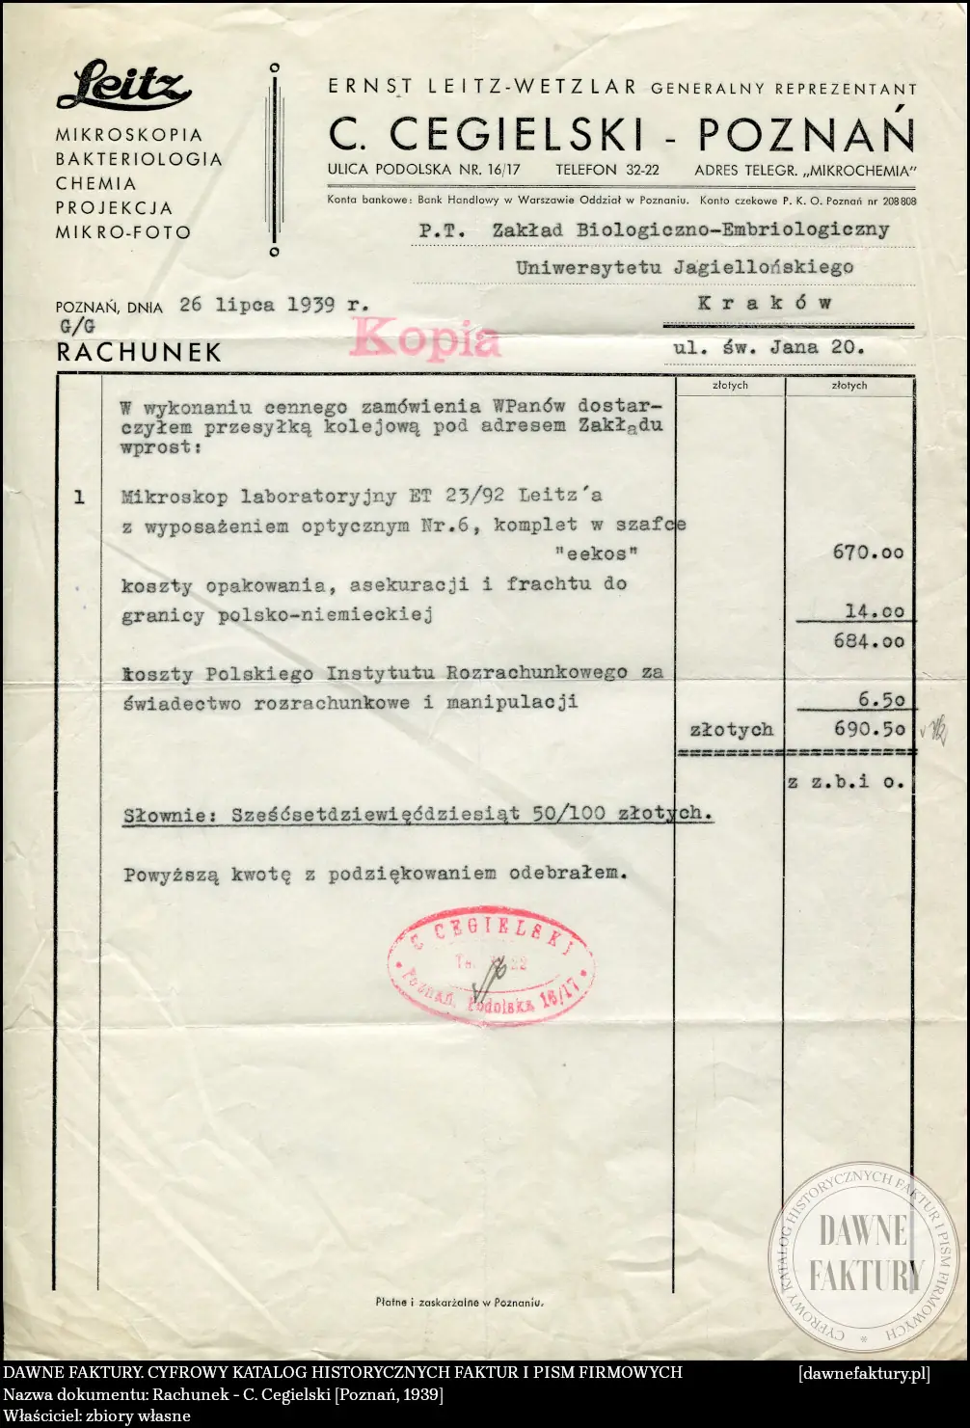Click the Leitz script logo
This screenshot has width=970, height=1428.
pos(123,87)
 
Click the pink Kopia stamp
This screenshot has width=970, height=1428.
pos(426,338)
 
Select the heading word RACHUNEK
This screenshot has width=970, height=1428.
pos(139,353)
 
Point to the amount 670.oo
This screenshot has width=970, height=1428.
pos(868,552)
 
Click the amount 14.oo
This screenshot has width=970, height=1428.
pos(875,611)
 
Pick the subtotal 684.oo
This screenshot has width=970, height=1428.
pos(869,641)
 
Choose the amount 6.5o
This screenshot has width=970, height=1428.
pos(881,700)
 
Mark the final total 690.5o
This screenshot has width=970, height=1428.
pos(869,730)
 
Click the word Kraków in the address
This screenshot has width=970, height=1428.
pos(765,303)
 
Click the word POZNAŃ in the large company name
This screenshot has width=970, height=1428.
pos(806,135)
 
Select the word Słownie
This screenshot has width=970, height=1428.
pos(170,815)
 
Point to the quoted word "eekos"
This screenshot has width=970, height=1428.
pos(597,553)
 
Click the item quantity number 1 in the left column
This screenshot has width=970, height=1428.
pos(79,498)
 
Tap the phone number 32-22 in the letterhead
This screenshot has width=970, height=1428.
pos(640,170)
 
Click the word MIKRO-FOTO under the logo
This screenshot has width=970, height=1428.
pos(123,232)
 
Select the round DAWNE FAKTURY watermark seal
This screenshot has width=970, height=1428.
pos(863,1253)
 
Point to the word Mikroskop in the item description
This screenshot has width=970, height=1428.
pos(175,497)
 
